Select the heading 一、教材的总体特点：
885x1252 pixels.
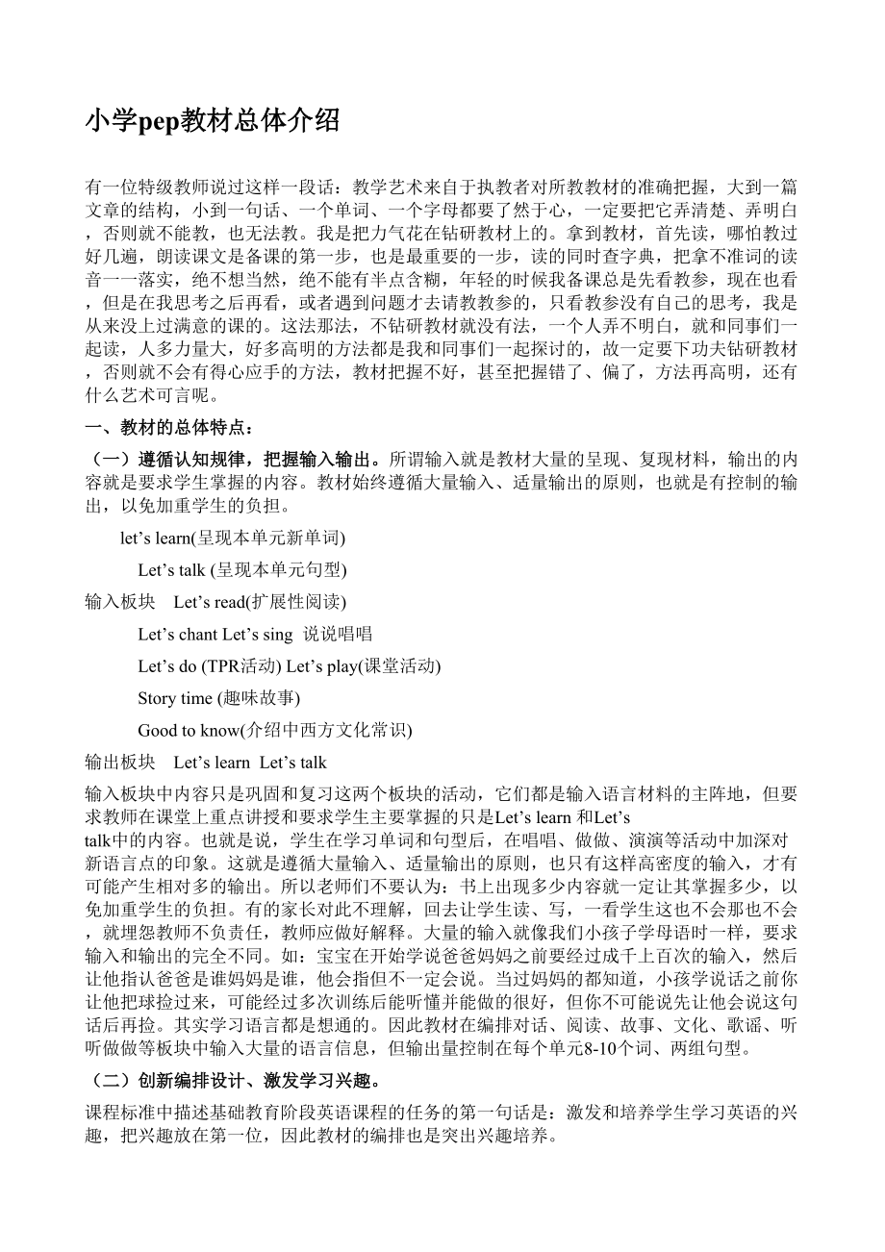coord(170,428)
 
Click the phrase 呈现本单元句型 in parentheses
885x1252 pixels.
coord(279,569)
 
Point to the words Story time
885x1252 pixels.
coord(175,698)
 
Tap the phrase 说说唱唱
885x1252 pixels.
coord(338,634)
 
